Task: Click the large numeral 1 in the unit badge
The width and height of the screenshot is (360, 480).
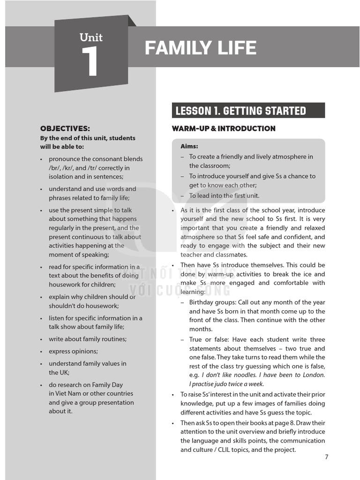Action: pos(90,62)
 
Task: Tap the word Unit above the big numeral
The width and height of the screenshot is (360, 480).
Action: pos(91,37)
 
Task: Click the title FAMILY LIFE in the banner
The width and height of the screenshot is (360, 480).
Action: pos(200,48)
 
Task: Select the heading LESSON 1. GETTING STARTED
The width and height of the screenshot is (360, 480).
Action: pos(240,111)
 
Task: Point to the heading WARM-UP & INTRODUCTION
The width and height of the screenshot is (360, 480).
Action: pos(224,128)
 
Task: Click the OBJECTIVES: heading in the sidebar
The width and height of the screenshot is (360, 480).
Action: pos(65,128)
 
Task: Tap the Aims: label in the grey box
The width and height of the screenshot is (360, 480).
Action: pos(189,146)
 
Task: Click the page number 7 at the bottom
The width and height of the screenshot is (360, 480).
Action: pos(327,457)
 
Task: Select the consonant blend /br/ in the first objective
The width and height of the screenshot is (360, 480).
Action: pos(55,168)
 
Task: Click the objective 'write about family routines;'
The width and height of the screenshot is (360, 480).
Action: pos(88,339)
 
